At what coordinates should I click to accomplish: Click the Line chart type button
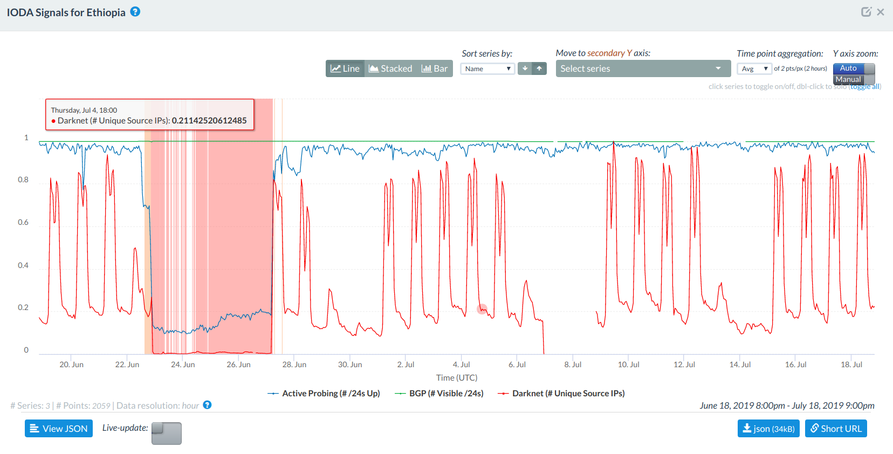(x=345, y=68)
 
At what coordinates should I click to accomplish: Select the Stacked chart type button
(x=390, y=68)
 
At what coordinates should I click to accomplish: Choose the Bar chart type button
(x=435, y=68)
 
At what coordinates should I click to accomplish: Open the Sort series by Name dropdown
(x=487, y=68)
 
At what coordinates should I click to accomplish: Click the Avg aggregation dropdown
(x=754, y=68)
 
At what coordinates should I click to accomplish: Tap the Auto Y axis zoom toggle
(x=853, y=68)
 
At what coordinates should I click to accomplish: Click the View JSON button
(x=59, y=429)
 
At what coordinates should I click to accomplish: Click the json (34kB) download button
(x=768, y=429)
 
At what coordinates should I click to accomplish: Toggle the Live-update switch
(x=166, y=433)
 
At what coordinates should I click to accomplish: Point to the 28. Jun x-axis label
(x=294, y=364)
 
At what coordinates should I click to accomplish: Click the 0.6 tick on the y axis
(x=23, y=222)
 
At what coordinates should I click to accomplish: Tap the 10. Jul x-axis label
(x=628, y=364)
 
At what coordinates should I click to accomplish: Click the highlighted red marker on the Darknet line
(x=482, y=309)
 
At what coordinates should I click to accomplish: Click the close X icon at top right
(x=881, y=12)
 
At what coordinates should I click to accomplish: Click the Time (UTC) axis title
(x=457, y=377)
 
